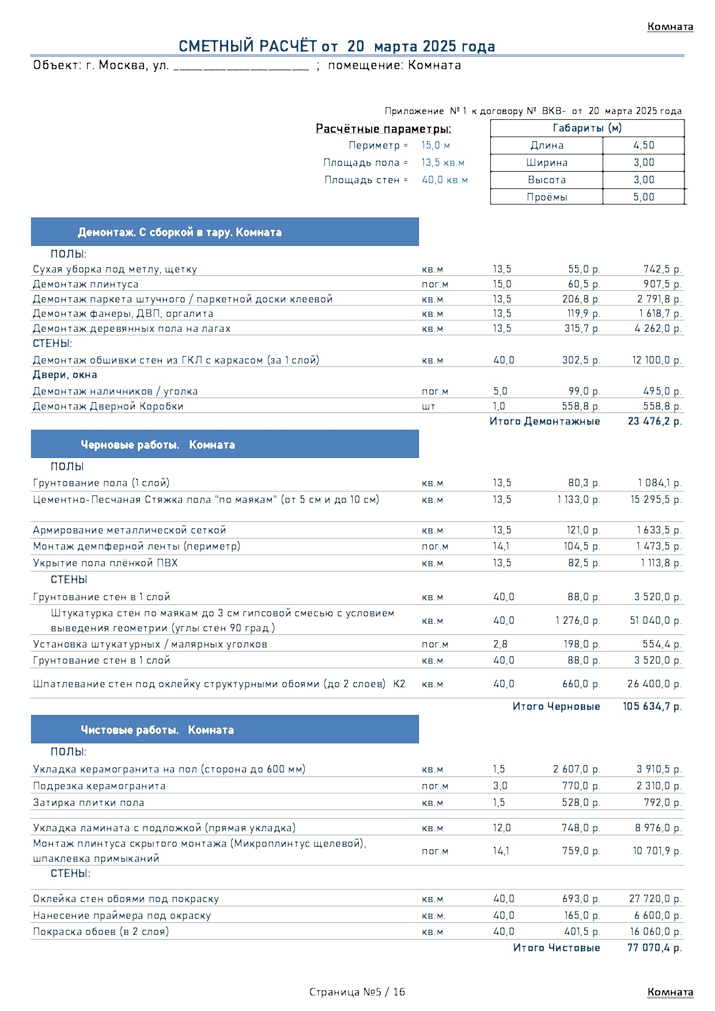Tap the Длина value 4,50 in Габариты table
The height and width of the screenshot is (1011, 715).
coord(644,146)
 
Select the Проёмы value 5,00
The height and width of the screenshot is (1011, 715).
coord(644,197)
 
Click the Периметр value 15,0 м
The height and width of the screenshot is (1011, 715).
coord(436,146)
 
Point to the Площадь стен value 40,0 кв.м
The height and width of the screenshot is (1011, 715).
coord(444,180)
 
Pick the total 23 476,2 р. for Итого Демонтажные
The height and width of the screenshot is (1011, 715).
coord(655,422)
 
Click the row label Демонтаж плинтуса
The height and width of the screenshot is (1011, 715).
coord(86,285)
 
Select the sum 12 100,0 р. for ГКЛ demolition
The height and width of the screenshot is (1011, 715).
coord(657,361)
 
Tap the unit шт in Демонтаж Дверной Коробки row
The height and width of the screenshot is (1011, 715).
coord(428,407)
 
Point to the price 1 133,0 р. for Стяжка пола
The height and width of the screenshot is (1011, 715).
coord(578,500)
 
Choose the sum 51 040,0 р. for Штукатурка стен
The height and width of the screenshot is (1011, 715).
coord(656,621)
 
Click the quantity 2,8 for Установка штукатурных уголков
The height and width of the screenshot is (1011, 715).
coord(500,645)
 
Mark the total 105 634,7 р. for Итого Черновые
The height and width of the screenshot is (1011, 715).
coord(652,707)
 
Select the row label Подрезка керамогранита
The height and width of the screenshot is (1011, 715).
coord(99,786)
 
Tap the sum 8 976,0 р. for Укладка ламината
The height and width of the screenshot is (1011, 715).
coord(658,828)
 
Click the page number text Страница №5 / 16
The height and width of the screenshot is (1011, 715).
coord(357,992)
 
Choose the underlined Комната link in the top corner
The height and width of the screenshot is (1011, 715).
coord(670,27)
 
